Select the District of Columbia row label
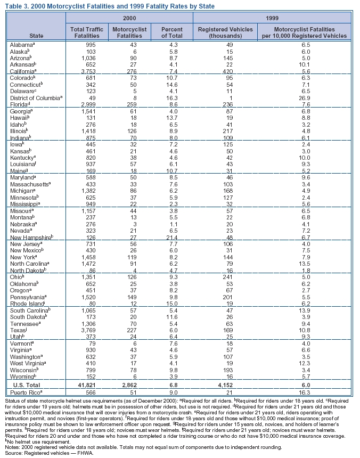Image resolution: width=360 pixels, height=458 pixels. (x=37, y=98)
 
